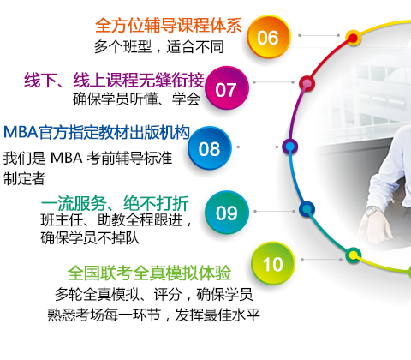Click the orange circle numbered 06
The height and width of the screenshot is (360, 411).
269,37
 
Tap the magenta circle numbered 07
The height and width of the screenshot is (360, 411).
227,88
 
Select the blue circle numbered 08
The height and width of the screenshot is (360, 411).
210,148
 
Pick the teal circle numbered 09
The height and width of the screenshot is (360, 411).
227,213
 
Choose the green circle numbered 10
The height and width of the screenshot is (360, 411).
272,263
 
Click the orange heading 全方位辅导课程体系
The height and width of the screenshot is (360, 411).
169,25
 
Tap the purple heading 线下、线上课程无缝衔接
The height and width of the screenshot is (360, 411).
114,80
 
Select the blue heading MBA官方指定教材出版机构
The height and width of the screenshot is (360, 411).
97,132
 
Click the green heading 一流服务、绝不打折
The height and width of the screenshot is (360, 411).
115,203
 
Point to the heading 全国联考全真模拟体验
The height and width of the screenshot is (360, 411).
149,273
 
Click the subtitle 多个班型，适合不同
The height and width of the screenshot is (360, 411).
158,46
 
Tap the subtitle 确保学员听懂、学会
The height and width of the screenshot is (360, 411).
137,99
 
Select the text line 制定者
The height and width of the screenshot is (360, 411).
24,178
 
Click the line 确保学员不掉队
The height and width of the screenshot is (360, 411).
90,237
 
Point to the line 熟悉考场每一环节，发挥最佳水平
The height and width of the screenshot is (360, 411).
153,315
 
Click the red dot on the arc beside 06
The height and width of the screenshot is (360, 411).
354,38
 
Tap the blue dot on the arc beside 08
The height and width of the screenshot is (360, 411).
290,147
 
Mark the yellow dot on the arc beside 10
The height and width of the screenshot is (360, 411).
354,255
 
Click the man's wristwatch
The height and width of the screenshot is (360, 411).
372,212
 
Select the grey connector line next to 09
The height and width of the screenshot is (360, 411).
275,211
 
